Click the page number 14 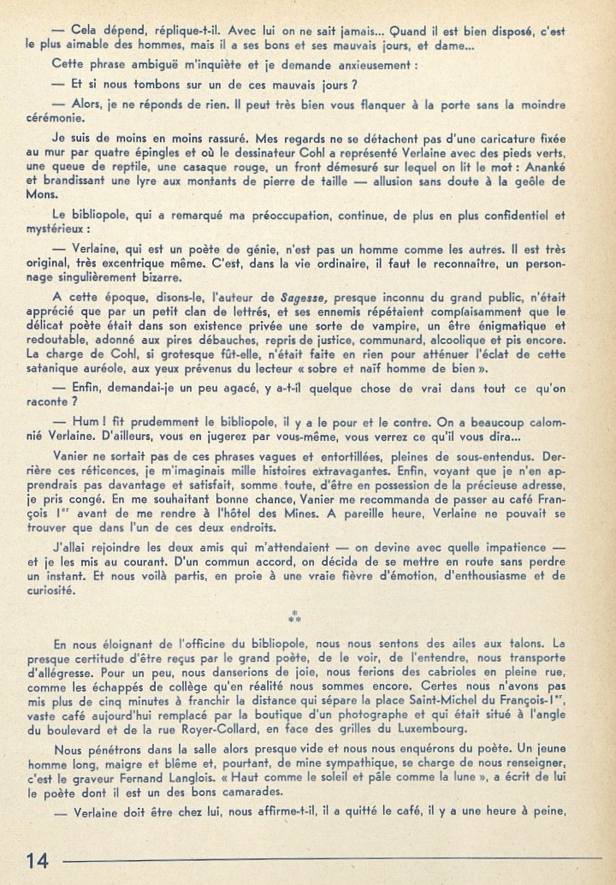tap(37, 860)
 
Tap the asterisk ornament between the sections tap(293, 616)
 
